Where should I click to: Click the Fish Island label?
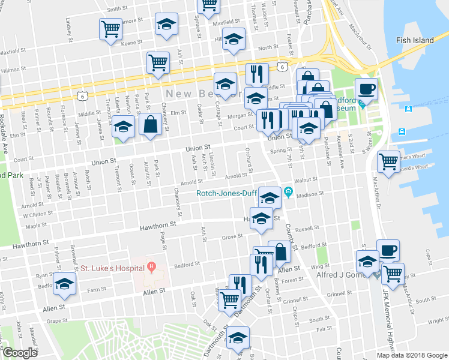point(414,40)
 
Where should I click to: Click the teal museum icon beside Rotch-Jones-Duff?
point(289,192)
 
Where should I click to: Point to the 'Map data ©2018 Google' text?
point(411,355)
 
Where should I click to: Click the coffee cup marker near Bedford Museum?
point(366,90)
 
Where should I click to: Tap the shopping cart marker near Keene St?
point(111,28)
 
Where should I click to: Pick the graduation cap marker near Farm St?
point(64,284)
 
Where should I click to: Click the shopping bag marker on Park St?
point(149,124)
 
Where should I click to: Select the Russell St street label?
point(307,229)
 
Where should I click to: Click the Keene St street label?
point(130,44)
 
